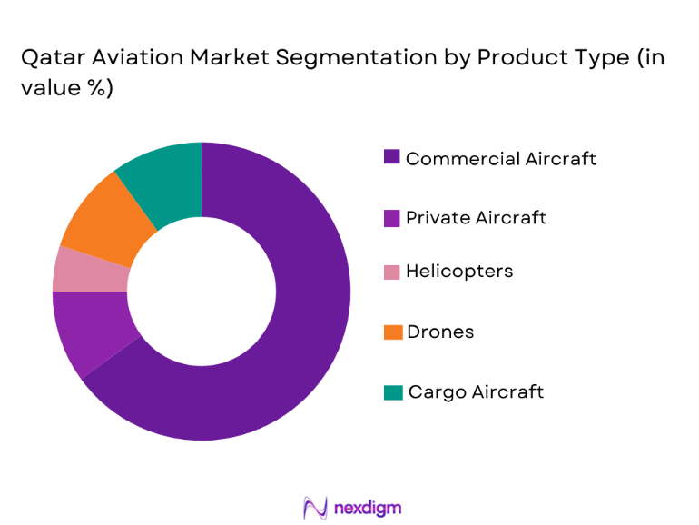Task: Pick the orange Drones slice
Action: click(x=98, y=217)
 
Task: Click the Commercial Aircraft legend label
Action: click(x=500, y=159)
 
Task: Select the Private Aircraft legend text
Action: click(x=476, y=217)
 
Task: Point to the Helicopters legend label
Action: click(x=458, y=272)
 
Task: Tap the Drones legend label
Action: click(x=439, y=332)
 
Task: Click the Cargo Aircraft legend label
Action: click(x=476, y=391)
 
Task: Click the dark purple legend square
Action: click(x=392, y=157)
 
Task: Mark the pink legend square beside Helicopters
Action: click(x=392, y=272)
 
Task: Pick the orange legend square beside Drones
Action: click(x=392, y=332)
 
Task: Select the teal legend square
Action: click(x=392, y=392)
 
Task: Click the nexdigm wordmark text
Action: click(x=367, y=506)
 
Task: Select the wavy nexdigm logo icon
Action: click(x=314, y=507)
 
